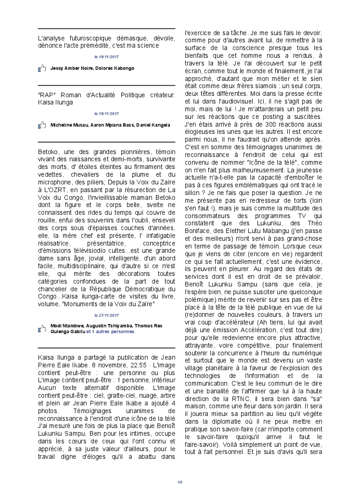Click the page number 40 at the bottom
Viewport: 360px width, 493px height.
(x=180, y=481)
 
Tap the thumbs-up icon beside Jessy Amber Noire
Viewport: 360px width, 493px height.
(x=42, y=68)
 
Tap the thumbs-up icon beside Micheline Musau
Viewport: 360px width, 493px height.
(x=42, y=125)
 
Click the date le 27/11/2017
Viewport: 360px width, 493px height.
(x=106, y=316)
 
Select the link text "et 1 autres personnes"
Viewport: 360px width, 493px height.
(x=110, y=332)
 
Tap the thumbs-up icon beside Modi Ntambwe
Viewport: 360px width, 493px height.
(x=42, y=329)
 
